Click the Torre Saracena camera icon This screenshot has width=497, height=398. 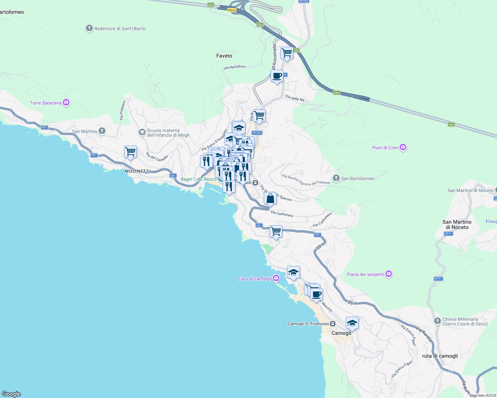(66, 102)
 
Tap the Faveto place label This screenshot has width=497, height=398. (224, 56)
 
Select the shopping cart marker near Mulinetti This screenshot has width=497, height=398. (130, 152)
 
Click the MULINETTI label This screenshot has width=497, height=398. (138, 171)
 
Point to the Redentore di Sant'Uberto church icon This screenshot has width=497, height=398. (89, 28)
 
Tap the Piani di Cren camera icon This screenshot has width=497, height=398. (403, 147)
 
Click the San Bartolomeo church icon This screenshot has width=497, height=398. (336, 178)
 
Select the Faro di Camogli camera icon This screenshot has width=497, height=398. (276, 278)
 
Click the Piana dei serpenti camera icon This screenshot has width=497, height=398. (389, 274)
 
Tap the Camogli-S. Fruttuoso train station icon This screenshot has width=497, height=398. (333, 324)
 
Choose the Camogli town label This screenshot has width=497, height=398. (341, 333)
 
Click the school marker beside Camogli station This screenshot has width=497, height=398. (352, 323)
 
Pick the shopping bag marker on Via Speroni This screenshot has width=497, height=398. (270, 199)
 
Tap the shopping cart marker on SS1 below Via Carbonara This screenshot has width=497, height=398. (276, 232)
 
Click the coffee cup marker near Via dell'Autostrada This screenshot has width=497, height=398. (277, 76)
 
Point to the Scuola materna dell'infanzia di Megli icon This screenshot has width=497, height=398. (142, 133)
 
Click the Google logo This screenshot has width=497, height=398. (11, 394)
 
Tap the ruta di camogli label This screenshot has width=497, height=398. (440, 356)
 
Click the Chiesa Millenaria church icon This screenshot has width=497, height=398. (438, 321)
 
